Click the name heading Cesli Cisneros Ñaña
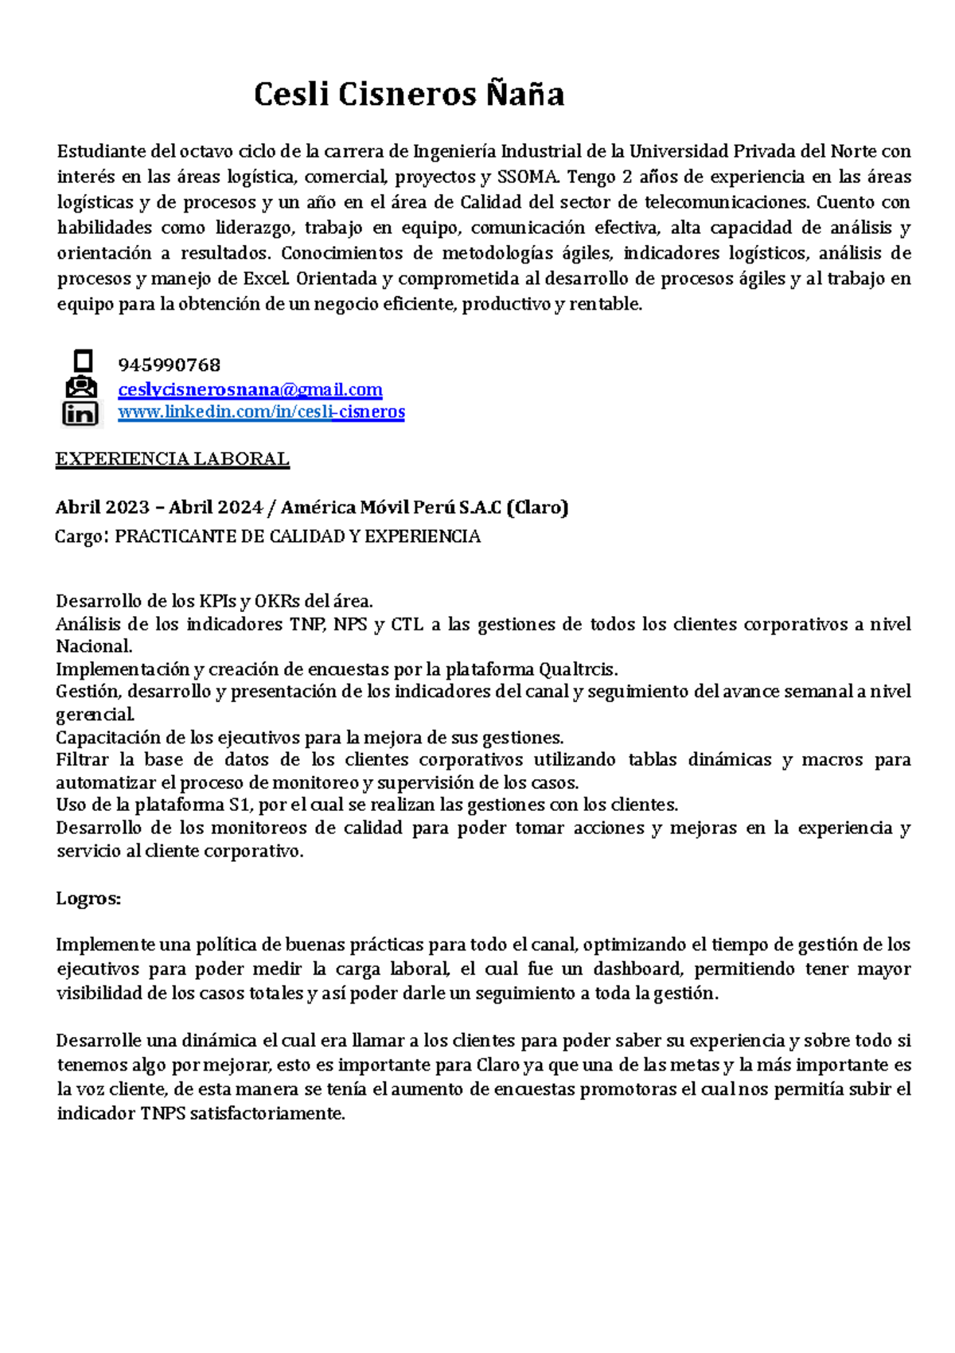(x=409, y=95)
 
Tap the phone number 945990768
(x=169, y=365)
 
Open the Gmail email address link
(x=250, y=389)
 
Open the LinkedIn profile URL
(x=261, y=411)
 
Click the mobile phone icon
(x=83, y=361)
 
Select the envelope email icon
(x=81, y=388)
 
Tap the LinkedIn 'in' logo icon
(x=80, y=414)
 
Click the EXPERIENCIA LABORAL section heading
(x=172, y=459)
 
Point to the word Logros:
(x=88, y=899)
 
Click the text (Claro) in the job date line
(x=537, y=508)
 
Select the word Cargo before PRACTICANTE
(x=78, y=536)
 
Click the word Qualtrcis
(x=578, y=669)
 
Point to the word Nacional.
(x=93, y=646)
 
